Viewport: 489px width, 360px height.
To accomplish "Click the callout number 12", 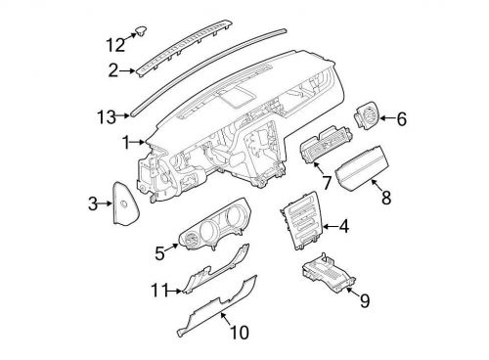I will click(115, 44).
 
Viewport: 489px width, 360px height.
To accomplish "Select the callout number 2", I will click(112, 70).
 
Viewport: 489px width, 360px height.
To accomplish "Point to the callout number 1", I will click(125, 143).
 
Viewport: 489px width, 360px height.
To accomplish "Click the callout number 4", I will click(343, 228).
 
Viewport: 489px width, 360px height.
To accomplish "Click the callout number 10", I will click(239, 333).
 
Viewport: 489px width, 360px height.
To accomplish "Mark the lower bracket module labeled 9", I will click(329, 277).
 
